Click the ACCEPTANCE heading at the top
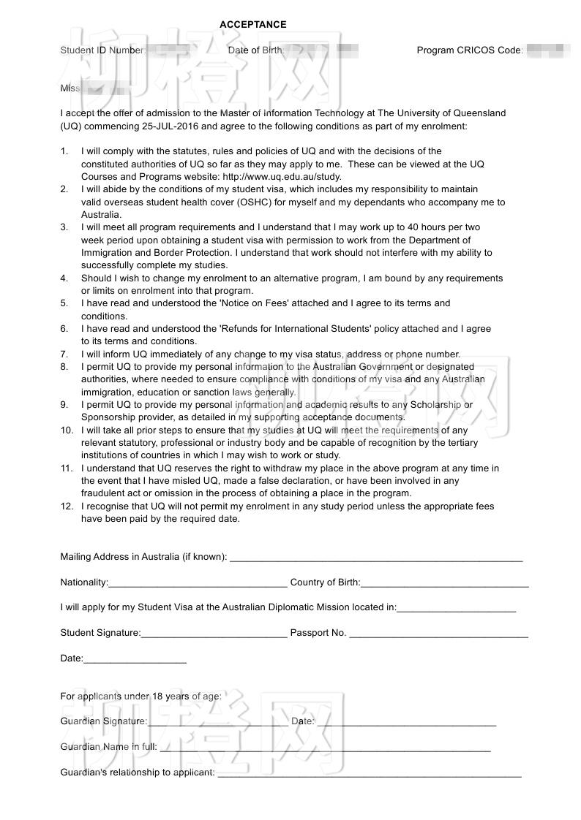(x=252, y=25)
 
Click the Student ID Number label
(x=102, y=50)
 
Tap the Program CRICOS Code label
(x=469, y=50)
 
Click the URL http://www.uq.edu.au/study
(x=282, y=177)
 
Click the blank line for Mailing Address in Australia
(x=376, y=559)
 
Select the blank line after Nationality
(x=198, y=585)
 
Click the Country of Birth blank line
(x=444, y=585)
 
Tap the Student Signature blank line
(x=214, y=635)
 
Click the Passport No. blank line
(x=438, y=635)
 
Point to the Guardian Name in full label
(x=108, y=747)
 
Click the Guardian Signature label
(x=103, y=721)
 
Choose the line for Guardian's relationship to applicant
(x=369, y=774)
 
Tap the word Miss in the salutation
(x=70, y=88)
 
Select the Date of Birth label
(x=255, y=50)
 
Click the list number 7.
(x=64, y=354)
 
